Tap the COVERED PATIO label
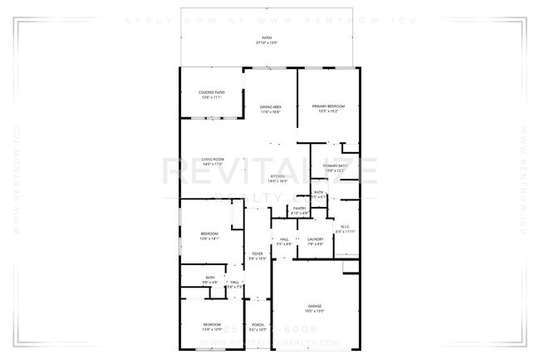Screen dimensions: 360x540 coord(210,92)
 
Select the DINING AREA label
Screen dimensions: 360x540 coord(270,107)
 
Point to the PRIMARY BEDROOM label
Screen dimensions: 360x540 coord(328,106)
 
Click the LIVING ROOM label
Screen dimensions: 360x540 coord(213,160)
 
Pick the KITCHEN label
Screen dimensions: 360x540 coord(278,177)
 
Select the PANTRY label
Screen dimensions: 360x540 coord(299,209)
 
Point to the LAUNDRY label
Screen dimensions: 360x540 coord(315,239)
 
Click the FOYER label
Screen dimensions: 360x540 coord(258,254)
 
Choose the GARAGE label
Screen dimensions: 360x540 coord(314,306)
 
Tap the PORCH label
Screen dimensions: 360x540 coord(258,325)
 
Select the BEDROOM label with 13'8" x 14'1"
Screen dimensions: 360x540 coord(209,234)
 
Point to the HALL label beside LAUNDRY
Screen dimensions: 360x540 coord(283,239)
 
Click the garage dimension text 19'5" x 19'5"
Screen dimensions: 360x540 coord(314,311)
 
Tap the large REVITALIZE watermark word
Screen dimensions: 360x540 coord(269,173)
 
